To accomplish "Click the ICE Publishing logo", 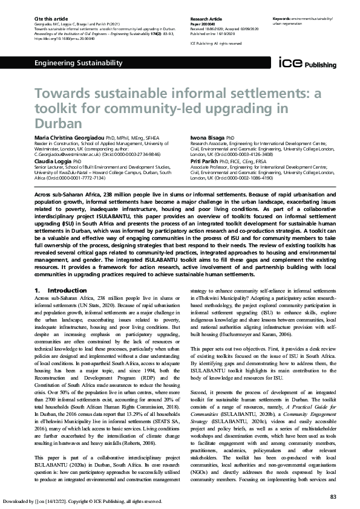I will pos(303,62).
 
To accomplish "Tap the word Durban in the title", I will pos(57,123).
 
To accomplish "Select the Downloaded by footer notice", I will pos(81,501).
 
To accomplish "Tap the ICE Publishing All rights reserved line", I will pos(216,44).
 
